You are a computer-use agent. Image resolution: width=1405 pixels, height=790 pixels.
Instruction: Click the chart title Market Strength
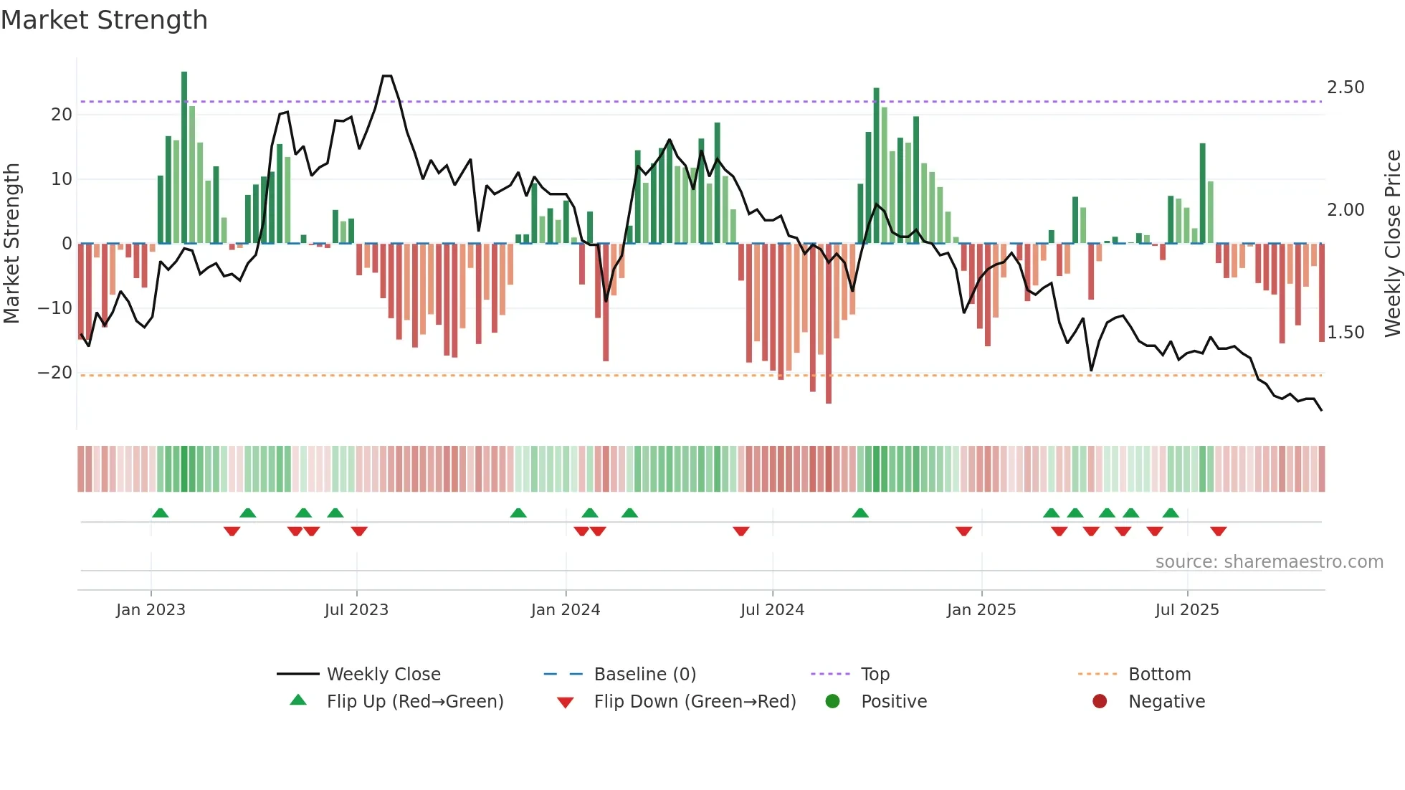click(104, 20)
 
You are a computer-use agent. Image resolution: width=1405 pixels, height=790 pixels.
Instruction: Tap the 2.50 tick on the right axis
click(1345, 87)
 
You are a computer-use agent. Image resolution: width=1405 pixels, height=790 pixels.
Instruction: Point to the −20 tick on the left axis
click(54, 373)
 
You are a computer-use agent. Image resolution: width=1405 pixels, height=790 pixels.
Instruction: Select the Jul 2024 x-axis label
click(772, 610)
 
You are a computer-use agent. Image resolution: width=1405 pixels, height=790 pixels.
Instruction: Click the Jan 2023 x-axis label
click(151, 610)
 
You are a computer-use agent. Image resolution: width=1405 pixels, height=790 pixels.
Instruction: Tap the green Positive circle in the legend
click(832, 702)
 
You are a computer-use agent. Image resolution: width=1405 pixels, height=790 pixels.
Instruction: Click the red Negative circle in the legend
click(1099, 702)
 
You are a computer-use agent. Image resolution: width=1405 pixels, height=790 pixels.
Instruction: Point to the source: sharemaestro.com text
click(1269, 562)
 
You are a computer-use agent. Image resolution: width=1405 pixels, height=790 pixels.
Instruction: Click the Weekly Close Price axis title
click(1392, 244)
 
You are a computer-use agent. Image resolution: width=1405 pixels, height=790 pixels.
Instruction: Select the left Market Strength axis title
click(11, 244)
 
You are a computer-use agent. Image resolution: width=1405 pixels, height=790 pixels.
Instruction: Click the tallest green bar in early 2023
click(184, 158)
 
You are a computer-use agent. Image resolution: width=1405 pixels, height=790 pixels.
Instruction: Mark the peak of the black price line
click(387, 76)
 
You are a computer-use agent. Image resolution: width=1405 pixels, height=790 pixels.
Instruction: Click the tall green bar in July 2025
click(1203, 194)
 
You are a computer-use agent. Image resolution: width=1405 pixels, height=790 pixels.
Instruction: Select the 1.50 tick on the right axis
click(1345, 333)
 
